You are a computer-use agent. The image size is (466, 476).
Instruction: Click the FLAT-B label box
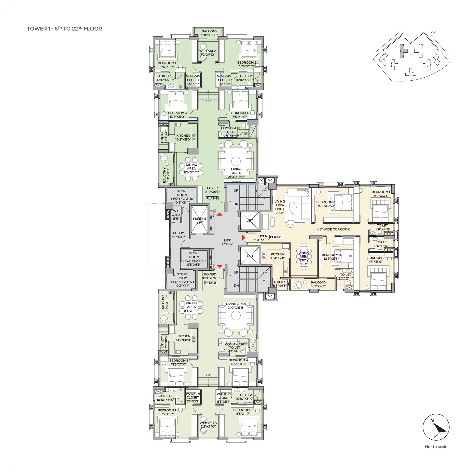212,198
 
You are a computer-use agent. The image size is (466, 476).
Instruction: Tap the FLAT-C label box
276,237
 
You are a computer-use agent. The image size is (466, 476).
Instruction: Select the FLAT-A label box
210,283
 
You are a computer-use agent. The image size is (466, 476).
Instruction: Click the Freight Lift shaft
200,219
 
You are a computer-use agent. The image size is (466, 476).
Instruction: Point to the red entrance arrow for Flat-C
243,238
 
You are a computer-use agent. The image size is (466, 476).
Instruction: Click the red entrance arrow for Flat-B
220,214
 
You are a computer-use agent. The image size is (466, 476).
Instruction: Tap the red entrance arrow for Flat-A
220,266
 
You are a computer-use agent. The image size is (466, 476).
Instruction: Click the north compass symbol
436,427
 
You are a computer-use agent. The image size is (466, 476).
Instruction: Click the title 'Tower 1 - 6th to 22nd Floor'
64,28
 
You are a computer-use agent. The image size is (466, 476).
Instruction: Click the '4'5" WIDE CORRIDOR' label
333,229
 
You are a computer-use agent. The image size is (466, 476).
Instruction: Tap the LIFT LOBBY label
227,242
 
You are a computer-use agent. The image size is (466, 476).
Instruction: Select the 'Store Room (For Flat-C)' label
194,259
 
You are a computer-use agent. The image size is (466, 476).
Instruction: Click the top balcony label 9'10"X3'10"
209,33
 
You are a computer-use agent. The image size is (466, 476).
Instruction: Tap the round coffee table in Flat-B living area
236,161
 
